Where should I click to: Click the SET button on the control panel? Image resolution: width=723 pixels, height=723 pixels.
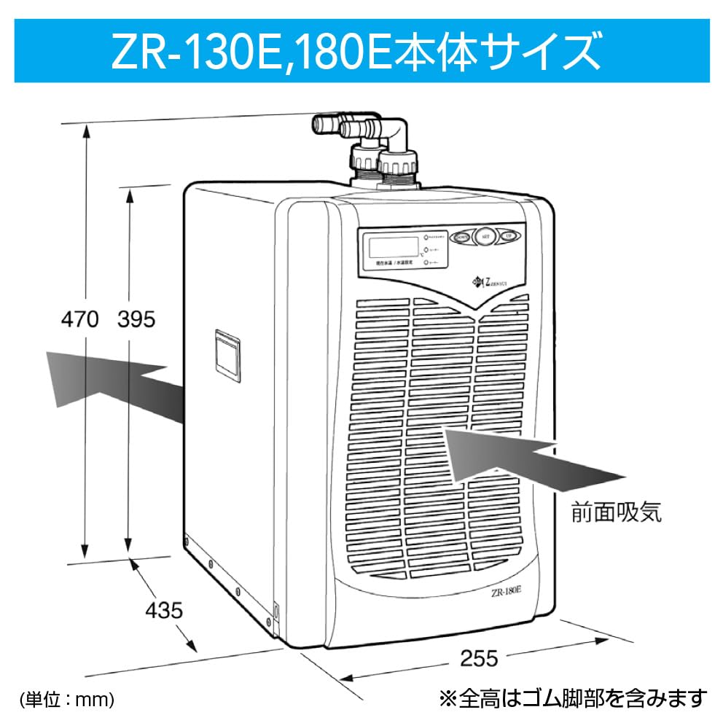485,237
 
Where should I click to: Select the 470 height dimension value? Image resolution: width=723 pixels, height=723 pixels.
79,320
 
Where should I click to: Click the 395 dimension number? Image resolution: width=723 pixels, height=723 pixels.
136,320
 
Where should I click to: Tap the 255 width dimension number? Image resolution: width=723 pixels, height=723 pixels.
479,659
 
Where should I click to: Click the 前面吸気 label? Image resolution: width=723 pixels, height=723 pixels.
617,513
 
